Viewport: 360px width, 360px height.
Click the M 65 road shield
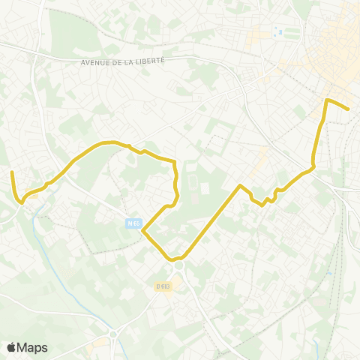tap(133, 223)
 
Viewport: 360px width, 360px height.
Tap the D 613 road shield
tap(163, 286)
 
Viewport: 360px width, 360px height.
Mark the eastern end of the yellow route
tap(349, 109)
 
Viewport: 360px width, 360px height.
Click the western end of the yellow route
tap(12, 172)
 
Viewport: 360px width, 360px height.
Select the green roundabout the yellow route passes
tap(178, 265)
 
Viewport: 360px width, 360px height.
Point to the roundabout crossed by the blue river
tap(112, 333)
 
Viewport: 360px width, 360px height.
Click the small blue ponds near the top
tap(280, 32)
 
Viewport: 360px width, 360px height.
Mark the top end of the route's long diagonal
tap(239, 185)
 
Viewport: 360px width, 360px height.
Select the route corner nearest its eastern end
tap(327, 100)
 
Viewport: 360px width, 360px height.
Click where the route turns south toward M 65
tap(174, 162)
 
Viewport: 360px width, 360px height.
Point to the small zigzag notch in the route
tap(268, 200)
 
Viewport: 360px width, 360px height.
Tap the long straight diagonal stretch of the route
tap(211, 222)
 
